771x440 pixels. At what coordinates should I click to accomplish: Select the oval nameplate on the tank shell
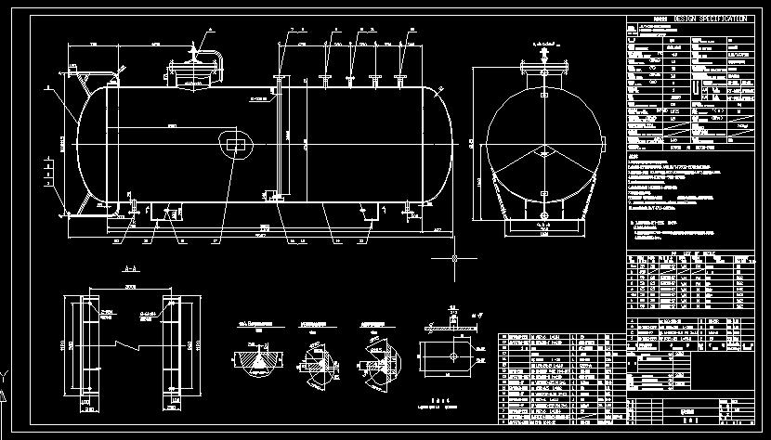[233, 144]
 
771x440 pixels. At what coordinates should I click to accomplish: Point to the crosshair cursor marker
[454, 258]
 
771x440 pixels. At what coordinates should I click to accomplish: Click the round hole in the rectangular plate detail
[451, 353]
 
